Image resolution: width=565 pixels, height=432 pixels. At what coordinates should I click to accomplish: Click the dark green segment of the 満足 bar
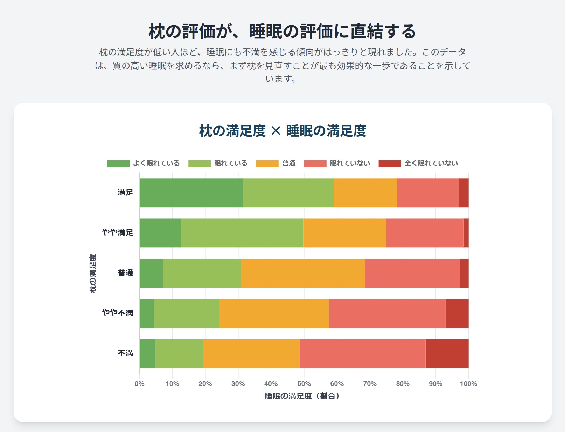click(x=191, y=193)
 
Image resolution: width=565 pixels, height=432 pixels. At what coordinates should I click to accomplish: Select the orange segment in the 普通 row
click(x=303, y=273)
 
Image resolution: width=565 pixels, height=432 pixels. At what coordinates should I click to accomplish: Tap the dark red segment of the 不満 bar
click(x=447, y=354)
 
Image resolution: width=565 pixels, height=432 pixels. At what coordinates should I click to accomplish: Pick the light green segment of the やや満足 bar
click(x=242, y=233)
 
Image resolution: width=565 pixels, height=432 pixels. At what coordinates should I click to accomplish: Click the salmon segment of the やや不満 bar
click(x=387, y=314)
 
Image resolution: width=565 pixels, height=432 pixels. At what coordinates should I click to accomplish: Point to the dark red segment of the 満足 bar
click(x=463, y=193)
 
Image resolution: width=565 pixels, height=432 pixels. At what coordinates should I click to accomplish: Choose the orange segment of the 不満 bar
click(x=251, y=354)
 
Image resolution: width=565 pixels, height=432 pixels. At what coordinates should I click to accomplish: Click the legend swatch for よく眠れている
click(x=118, y=164)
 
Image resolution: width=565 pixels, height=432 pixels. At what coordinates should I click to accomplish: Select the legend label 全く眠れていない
click(x=431, y=163)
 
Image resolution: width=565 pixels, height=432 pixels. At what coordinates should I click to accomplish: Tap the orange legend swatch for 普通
click(x=267, y=164)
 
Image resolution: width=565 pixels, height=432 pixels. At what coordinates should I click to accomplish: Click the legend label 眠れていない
click(x=350, y=163)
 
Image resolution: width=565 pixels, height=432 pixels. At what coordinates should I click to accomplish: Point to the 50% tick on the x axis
click(x=304, y=384)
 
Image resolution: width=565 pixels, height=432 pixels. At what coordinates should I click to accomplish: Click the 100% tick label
click(x=468, y=384)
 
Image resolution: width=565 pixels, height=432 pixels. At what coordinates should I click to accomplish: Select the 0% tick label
click(x=139, y=384)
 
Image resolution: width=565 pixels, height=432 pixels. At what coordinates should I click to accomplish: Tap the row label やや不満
click(x=118, y=313)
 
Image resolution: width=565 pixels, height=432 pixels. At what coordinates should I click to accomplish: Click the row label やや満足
click(x=118, y=232)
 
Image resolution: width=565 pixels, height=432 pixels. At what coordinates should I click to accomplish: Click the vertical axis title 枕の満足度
click(x=93, y=273)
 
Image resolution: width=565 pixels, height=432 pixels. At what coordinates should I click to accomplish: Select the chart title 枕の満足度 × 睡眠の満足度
click(x=282, y=131)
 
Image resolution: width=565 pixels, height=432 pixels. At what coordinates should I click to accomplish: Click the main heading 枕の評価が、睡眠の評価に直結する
click(x=282, y=31)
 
